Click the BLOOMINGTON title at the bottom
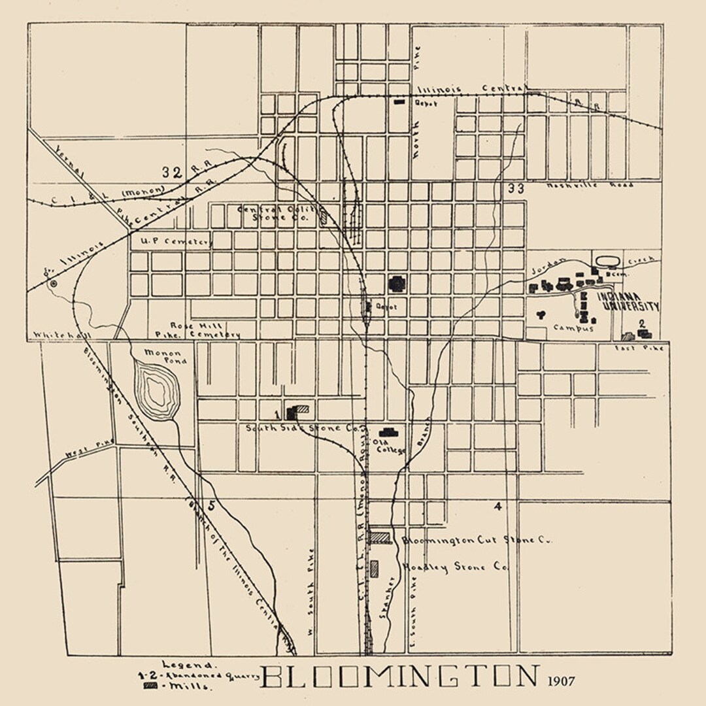point(400,677)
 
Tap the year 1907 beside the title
point(562,681)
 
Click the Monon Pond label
point(169,356)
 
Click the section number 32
point(172,173)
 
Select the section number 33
point(515,189)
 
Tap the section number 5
point(210,505)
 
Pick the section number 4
point(498,506)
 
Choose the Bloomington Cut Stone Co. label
point(477,541)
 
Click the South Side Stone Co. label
point(303,429)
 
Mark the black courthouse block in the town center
point(397,283)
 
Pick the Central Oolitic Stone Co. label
point(281,213)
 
